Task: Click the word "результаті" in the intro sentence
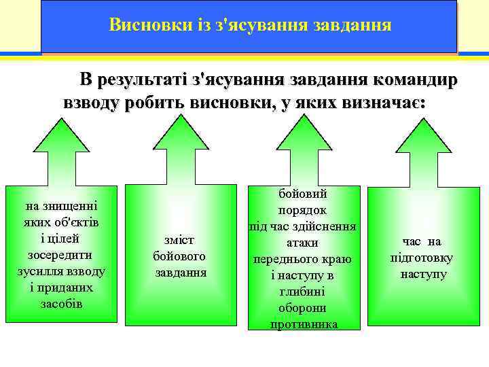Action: [141, 80]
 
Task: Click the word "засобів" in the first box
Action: [60, 303]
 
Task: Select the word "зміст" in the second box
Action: [179, 240]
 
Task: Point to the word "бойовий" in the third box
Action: [303, 194]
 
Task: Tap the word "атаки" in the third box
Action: [303, 243]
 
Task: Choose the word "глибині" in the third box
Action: [303, 292]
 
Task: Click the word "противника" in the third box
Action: [303, 324]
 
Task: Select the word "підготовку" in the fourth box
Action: [422, 258]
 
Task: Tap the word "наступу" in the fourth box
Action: [423, 275]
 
